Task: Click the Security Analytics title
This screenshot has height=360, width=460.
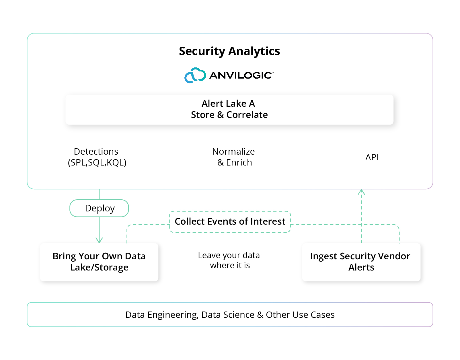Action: coord(229,51)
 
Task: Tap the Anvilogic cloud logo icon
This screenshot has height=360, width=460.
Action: coord(195,75)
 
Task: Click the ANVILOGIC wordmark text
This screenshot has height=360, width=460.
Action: coord(241,75)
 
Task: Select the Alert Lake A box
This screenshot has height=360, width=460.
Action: coord(229,109)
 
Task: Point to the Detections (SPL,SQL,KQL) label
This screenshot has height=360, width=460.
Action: coord(97,157)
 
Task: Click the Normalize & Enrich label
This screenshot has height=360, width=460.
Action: coord(234,157)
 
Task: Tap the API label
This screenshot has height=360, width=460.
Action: coord(372,157)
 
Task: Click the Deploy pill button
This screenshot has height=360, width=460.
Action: coord(99,208)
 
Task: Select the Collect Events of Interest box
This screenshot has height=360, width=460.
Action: coord(230,221)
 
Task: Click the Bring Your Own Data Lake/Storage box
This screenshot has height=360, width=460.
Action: coord(99,262)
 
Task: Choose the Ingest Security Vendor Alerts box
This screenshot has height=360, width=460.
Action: coord(361,262)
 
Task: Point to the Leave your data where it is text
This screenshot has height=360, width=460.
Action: coord(229,260)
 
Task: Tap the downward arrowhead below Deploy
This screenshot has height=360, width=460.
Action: coord(99,240)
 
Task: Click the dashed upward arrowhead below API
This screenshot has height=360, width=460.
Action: coord(361,192)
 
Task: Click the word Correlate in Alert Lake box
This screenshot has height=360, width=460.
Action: coord(247,115)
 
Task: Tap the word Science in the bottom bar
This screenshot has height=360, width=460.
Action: coord(239,315)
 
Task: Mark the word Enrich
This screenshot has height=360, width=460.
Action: coord(239,162)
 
